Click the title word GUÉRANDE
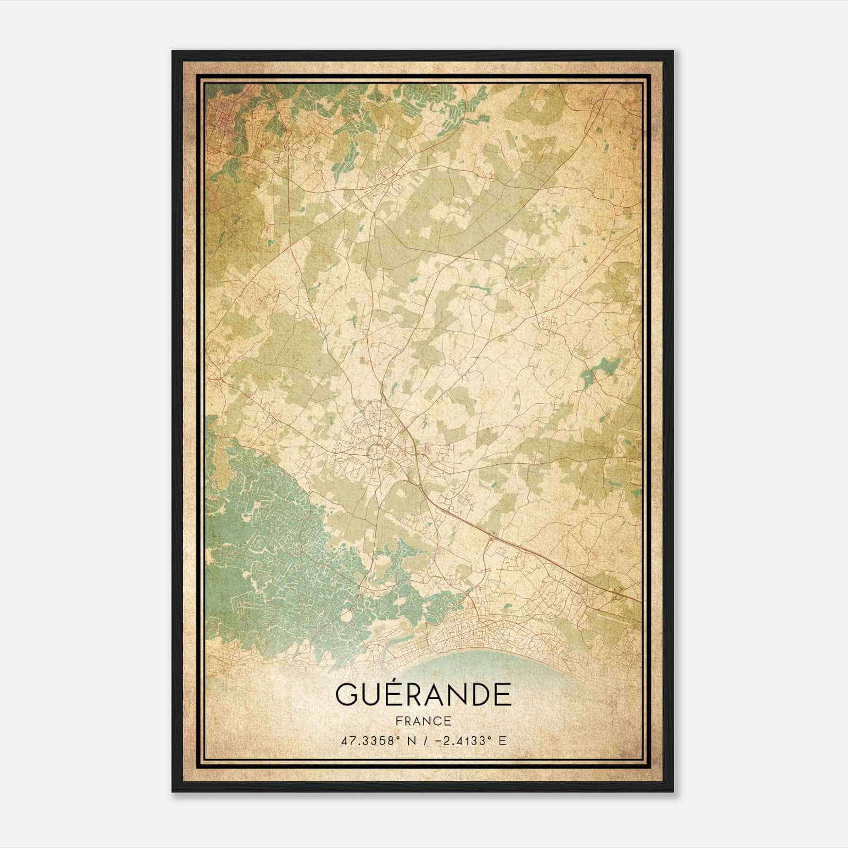coord(423,695)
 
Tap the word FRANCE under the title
coord(423,721)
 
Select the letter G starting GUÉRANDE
coord(346,695)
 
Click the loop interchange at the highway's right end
coord(616,593)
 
